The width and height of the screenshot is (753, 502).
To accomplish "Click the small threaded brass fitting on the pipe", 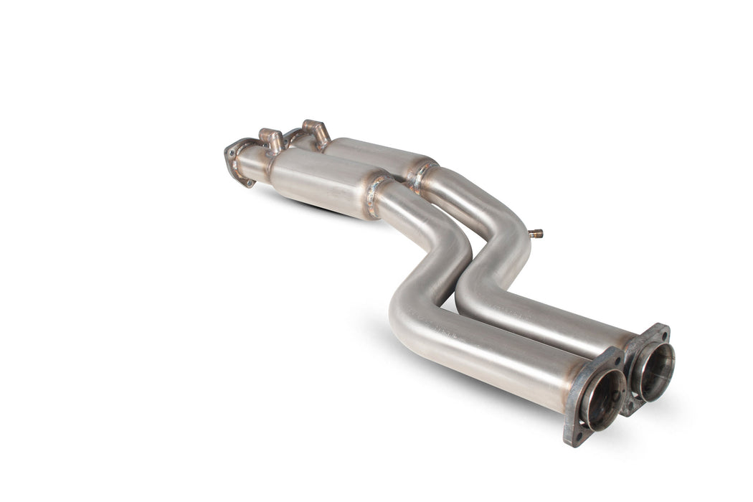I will click(535, 234).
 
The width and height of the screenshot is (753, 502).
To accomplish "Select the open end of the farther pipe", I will click(652, 371).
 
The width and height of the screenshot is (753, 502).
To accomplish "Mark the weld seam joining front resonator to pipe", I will click(374, 194).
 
